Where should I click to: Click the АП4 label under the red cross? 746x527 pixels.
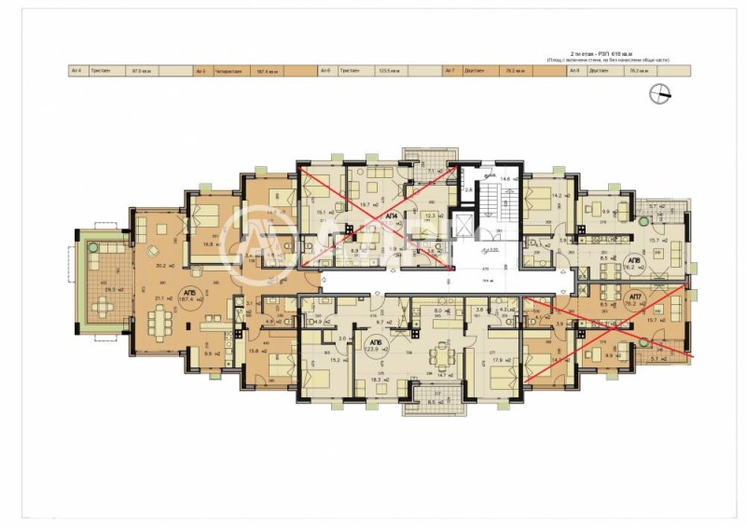pyautogui.click(x=391, y=215)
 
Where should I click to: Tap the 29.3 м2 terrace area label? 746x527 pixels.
pyautogui.click(x=90, y=290)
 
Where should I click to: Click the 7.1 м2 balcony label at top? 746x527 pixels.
pyautogui.click(x=431, y=172)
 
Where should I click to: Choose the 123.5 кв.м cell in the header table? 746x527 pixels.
pyautogui.click(x=389, y=70)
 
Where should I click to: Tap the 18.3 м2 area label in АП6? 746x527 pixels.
pyautogui.click(x=377, y=381)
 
